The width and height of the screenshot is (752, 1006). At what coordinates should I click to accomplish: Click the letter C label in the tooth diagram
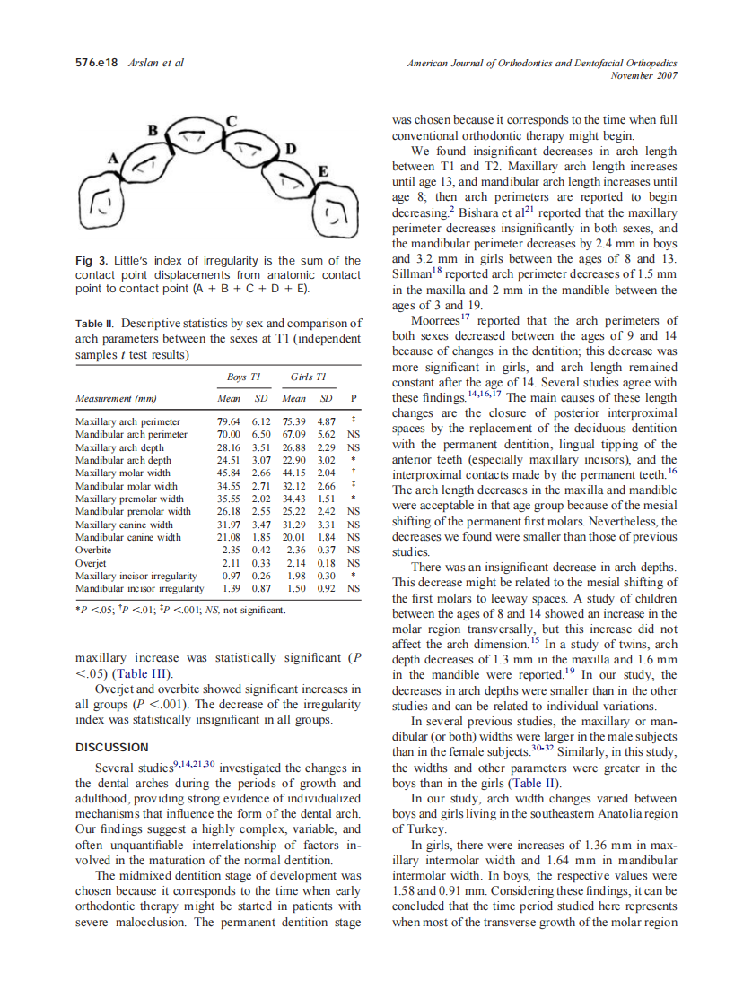coord(231,120)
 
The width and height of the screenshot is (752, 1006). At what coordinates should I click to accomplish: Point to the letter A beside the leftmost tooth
coord(114,159)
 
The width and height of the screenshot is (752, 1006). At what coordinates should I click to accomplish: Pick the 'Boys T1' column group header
coord(240,377)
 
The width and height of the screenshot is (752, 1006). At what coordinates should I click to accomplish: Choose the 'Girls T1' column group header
coord(307,377)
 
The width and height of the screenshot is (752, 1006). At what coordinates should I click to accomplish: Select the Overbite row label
coord(92,550)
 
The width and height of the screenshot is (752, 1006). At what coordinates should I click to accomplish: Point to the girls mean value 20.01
coord(295,538)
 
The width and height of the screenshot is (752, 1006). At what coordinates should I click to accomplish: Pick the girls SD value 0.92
coord(327,588)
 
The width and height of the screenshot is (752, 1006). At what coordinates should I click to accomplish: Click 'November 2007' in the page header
coord(643,75)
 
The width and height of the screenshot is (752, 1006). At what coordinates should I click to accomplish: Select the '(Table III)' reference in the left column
coord(142,673)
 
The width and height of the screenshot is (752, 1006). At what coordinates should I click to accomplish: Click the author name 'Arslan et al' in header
coord(157,64)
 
